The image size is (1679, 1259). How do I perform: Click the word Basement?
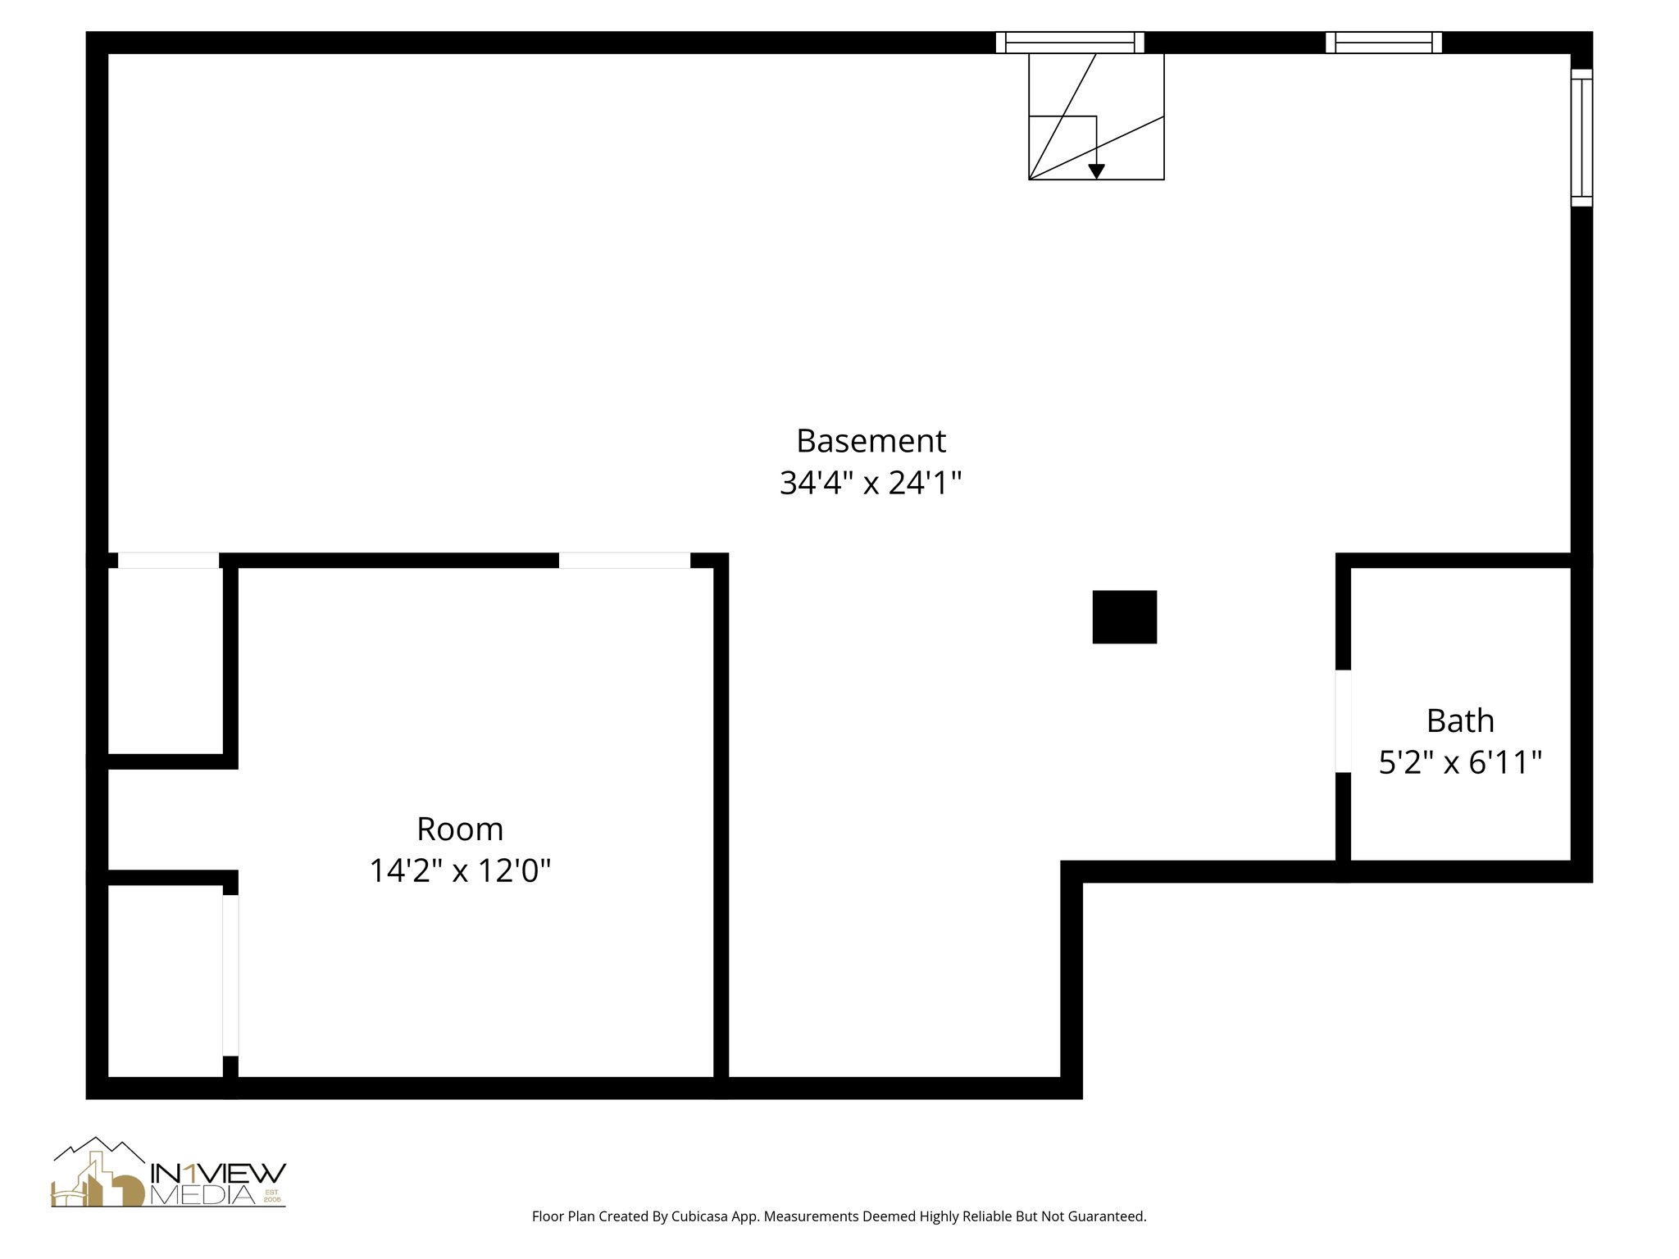pyautogui.click(x=871, y=441)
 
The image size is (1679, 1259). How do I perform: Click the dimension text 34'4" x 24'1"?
pyautogui.click(x=871, y=483)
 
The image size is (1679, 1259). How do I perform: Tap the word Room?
pyautogui.click(x=460, y=829)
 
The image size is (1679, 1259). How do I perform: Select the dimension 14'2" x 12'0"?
pyautogui.click(x=460, y=870)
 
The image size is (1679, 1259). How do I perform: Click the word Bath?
pyautogui.click(x=1460, y=720)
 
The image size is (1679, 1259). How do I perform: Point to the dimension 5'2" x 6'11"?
pyautogui.click(x=1460, y=762)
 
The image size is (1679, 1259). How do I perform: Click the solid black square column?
pyautogui.click(x=1124, y=616)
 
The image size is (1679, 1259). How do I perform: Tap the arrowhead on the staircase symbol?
pyautogui.click(x=1096, y=171)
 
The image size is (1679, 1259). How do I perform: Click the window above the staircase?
pyautogui.click(x=1069, y=43)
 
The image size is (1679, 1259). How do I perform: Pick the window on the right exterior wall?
pyautogui.click(x=1581, y=138)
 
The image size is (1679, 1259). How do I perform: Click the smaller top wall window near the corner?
pyautogui.click(x=1383, y=43)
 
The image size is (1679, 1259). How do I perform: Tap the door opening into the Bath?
pyautogui.click(x=1343, y=720)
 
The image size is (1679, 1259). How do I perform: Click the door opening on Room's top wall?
pyautogui.click(x=624, y=561)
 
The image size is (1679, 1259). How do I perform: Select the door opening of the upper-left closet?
pyautogui.click(x=168, y=561)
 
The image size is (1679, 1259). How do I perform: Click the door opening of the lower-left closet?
pyautogui.click(x=230, y=975)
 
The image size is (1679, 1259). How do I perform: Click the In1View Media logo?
pyautogui.click(x=168, y=1173)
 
